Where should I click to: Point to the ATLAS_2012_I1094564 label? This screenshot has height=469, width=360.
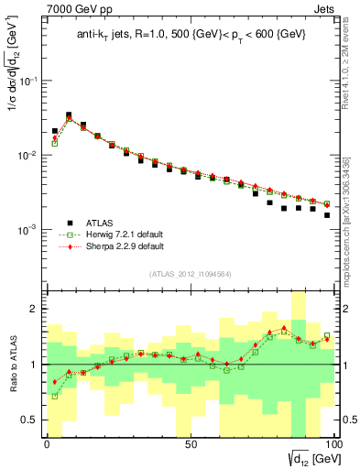point(191,273)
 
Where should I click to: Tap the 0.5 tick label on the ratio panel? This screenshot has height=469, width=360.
point(35,420)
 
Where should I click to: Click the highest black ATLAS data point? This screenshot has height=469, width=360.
point(69,115)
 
